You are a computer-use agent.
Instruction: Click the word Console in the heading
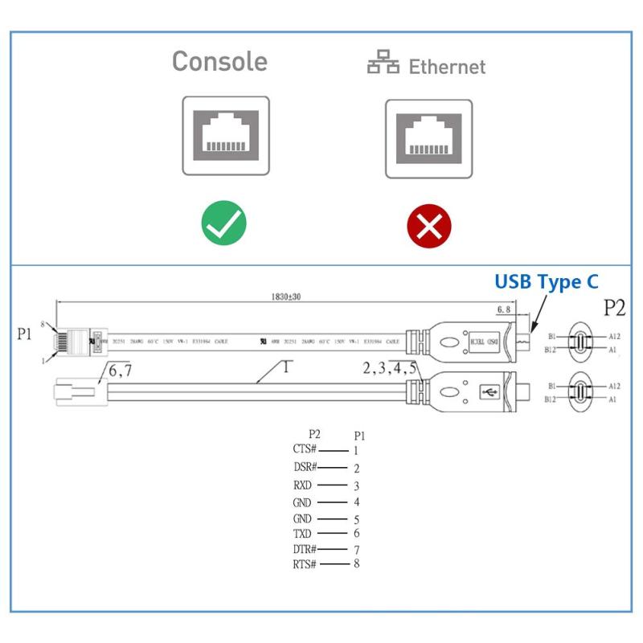(x=219, y=61)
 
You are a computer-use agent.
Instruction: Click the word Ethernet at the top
(x=447, y=67)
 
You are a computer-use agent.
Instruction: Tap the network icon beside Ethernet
(x=383, y=63)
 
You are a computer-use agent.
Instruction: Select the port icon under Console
(x=226, y=136)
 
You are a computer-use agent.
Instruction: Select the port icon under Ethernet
(x=428, y=139)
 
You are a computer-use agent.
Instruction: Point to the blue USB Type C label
(x=546, y=281)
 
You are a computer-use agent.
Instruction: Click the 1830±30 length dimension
(x=279, y=297)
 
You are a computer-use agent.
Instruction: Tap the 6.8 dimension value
(x=503, y=309)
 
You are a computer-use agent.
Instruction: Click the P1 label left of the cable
(x=25, y=334)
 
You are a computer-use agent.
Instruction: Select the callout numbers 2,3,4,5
(x=389, y=369)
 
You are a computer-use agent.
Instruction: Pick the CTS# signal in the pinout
(x=305, y=450)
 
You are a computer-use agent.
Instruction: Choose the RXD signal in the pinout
(x=303, y=485)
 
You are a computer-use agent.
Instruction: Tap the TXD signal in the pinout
(x=303, y=533)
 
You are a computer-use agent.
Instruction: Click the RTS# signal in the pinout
(x=305, y=564)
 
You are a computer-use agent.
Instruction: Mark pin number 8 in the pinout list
(x=356, y=563)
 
